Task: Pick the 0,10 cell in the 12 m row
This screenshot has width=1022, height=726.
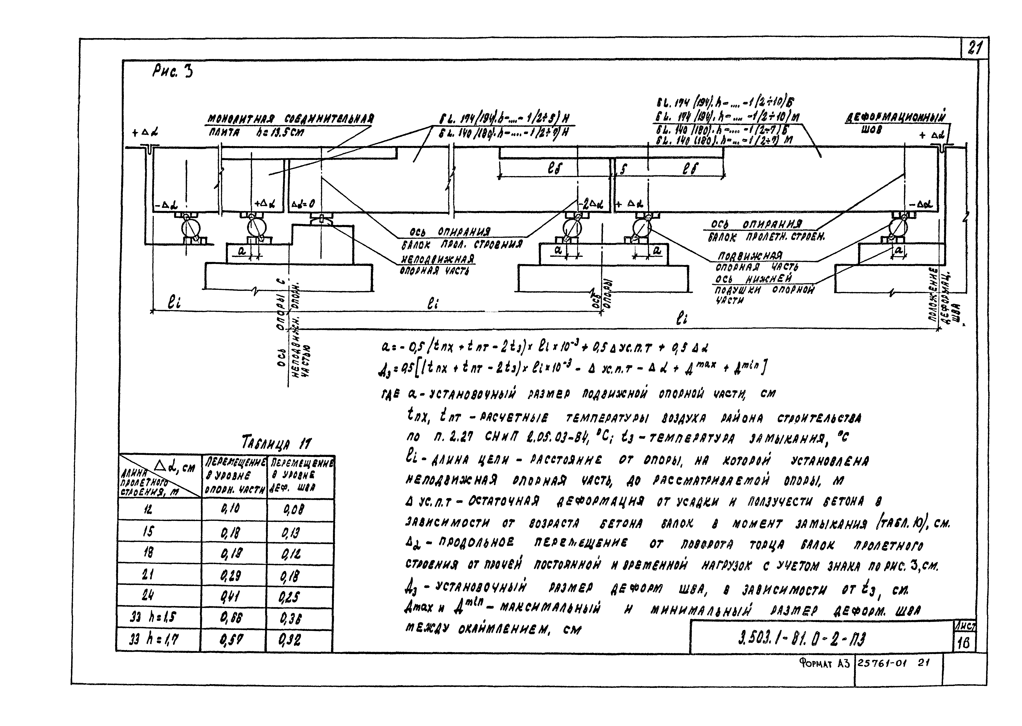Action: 231,509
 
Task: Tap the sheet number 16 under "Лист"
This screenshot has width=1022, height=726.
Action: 964,643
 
